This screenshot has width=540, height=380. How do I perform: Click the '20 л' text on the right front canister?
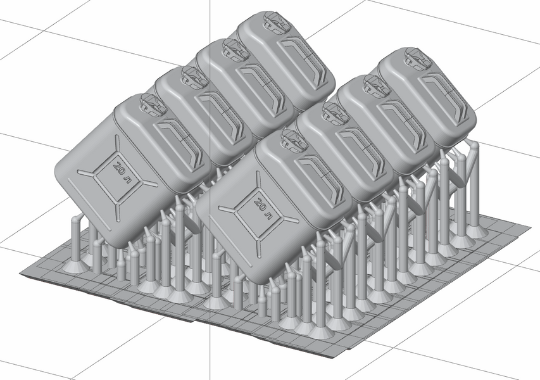tap(263, 208)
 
